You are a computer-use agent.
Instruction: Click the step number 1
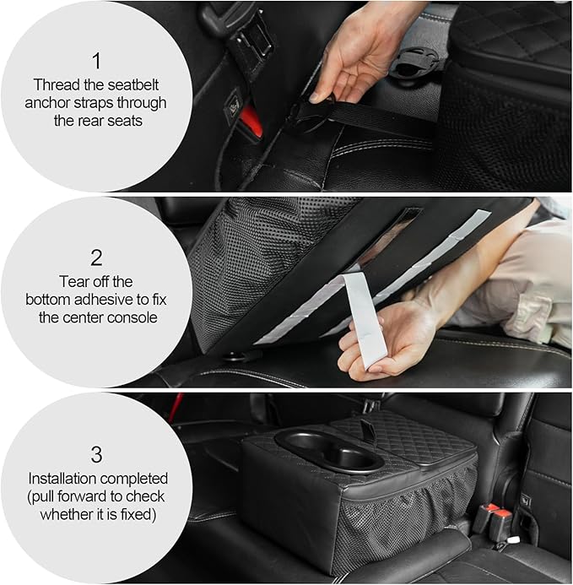pyautogui.click(x=95, y=60)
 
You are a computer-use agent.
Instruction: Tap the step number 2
pyautogui.click(x=95, y=256)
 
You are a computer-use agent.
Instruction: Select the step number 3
pyautogui.click(x=95, y=451)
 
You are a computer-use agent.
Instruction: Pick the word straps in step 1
pyautogui.click(x=141, y=103)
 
